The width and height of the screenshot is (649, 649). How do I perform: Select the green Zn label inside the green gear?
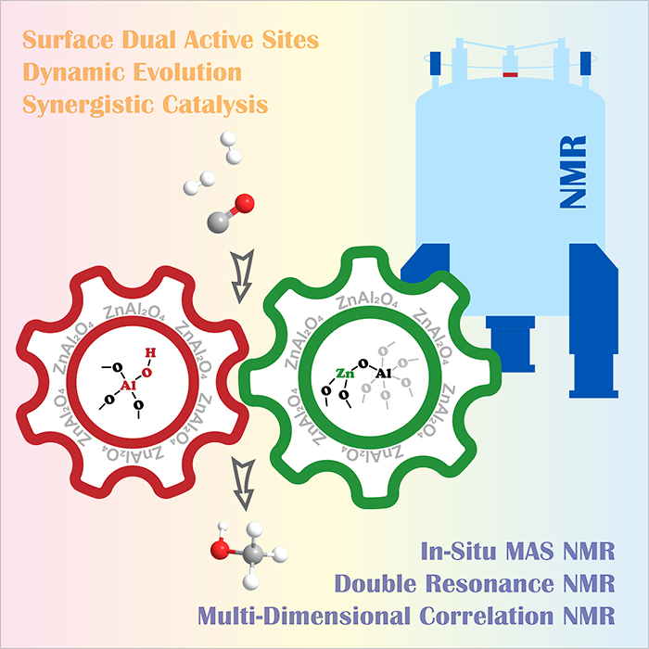tap(345, 376)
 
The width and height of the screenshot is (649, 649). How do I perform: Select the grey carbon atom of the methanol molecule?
tap(253, 557)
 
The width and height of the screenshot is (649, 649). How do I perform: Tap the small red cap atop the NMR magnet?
tap(508, 70)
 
